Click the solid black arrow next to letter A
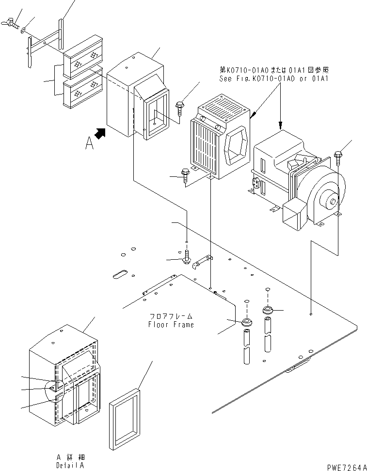pyautogui.click(x=101, y=134)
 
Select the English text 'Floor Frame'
pyautogui.click(x=171, y=325)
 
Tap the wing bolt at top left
pyautogui.click(x=10, y=22)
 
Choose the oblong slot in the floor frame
pyautogui.click(x=119, y=274)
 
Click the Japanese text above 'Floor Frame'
pyautogui.click(x=171, y=316)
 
